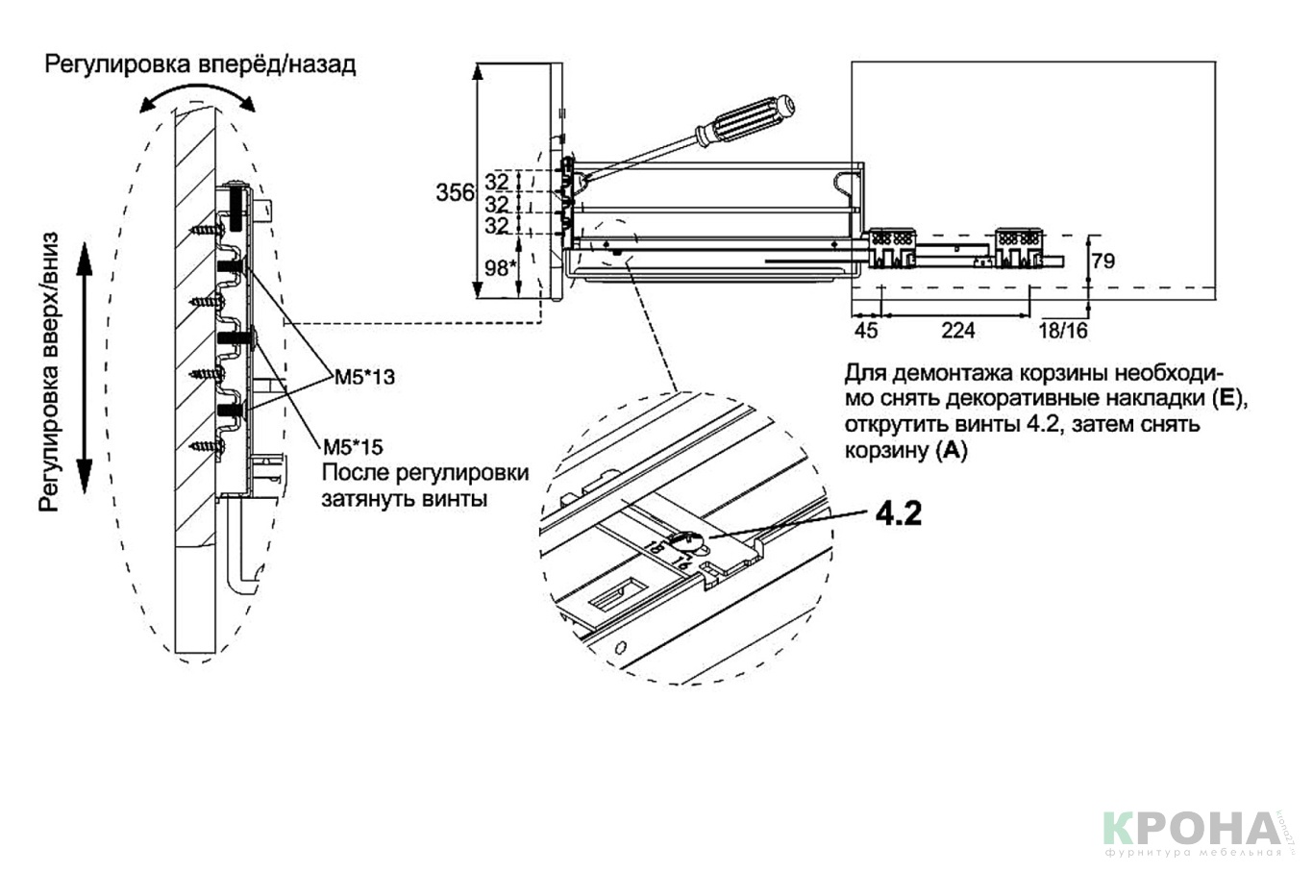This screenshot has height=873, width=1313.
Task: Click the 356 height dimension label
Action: click(455, 192)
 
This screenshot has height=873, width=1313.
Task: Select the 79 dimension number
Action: click(1103, 260)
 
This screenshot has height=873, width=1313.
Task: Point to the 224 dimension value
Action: click(957, 331)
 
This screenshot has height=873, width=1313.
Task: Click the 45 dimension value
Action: click(866, 331)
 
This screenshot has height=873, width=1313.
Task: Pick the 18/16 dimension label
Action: click(1063, 331)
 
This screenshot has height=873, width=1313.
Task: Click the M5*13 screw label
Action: click(364, 377)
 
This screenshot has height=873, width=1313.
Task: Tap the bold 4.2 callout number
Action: click(898, 513)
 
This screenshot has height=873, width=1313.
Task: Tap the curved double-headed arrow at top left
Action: click(197, 94)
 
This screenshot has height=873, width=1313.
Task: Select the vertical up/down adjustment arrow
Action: click(84, 367)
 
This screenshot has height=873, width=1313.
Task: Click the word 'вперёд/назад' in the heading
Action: click(278, 64)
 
